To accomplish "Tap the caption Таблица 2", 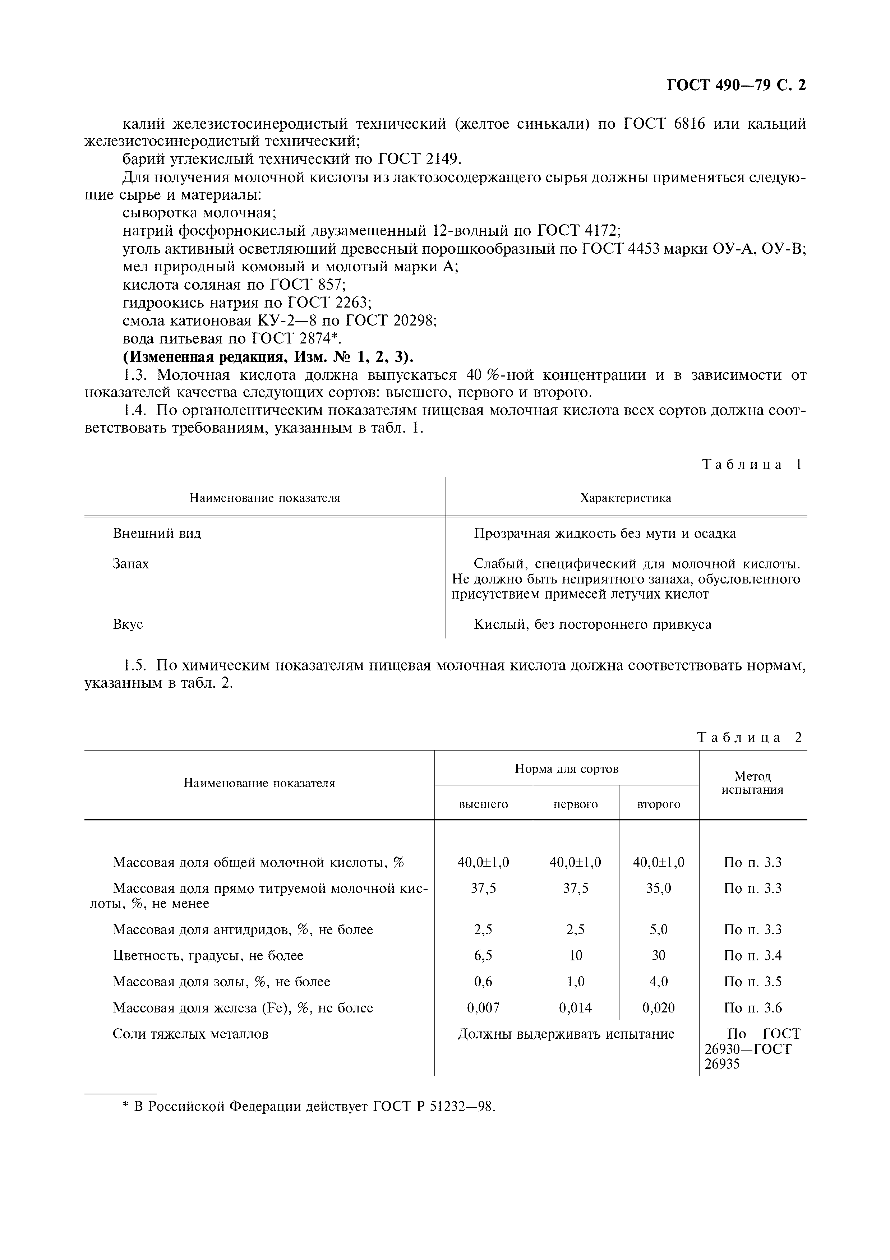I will tap(750, 738).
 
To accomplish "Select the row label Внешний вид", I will tap(157, 534).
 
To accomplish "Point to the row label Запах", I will tap(130, 564).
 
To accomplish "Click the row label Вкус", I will tap(128, 624).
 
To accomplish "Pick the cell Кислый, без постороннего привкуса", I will tap(592, 624).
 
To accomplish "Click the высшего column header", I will tap(483, 804).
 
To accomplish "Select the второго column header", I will tap(659, 804).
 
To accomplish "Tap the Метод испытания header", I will tap(752, 783).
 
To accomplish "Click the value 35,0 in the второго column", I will tap(659, 889).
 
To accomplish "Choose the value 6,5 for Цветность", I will tap(483, 955).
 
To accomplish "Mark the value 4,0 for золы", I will tap(659, 982).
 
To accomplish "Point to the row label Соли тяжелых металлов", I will tap(190, 1034).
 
